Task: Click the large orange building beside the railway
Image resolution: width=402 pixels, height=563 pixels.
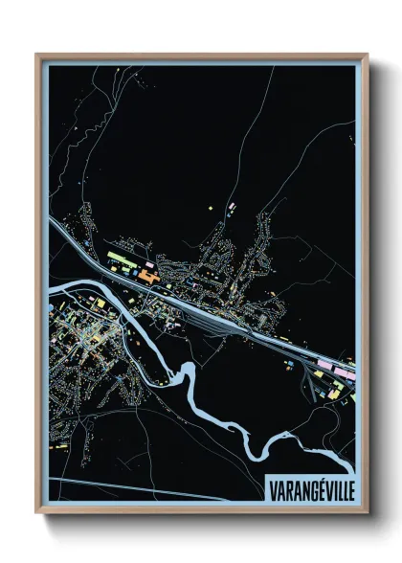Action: click(148, 275)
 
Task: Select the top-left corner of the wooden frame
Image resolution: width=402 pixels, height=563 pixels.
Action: click(37, 55)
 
